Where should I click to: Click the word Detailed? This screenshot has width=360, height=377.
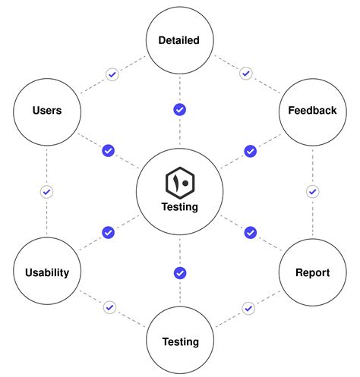tap(180, 40)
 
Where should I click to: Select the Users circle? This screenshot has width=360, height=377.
tap(47, 111)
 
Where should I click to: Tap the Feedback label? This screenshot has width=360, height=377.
tap(312, 111)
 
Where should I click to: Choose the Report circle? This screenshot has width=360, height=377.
tap(312, 272)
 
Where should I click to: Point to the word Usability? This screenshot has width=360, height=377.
tap(47, 272)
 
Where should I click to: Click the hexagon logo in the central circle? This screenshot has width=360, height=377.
tap(180, 183)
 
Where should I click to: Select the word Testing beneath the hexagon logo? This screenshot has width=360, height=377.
tap(180, 206)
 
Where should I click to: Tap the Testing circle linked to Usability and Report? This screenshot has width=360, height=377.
tap(180, 342)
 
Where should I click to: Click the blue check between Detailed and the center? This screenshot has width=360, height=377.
tap(180, 110)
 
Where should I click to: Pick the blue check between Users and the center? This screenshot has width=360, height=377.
tap(109, 151)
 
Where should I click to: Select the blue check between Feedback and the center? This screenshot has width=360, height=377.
tap(250, 151)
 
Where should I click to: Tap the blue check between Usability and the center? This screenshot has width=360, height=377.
tap(109, 232)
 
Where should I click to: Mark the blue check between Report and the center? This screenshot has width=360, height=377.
tap(250, 232)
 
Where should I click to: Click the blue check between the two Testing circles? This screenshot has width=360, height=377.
tap(180, 272)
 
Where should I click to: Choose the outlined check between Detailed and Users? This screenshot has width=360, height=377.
tap(112, 74)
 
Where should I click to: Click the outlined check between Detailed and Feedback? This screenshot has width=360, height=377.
tap(245, 74)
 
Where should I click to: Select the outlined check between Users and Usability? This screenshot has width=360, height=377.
tap(46, 192)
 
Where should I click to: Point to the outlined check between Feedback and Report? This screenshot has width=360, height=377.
tap(312, 192)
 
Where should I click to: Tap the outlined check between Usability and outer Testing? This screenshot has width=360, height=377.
tap(110, 307)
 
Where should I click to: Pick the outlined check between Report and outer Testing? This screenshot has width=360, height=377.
tap(248, 307)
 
